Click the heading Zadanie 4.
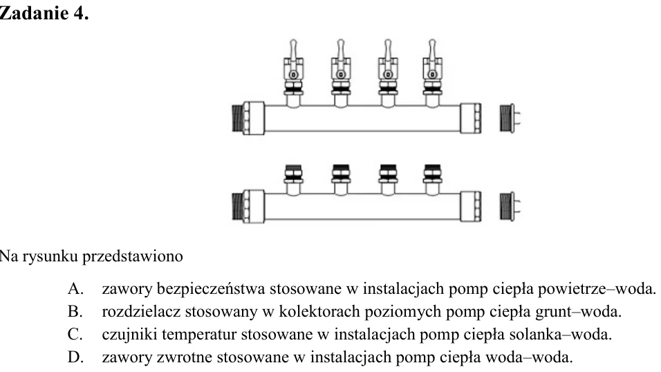point(44,13)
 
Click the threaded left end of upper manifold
point(237,118)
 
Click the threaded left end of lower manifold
point(237,206)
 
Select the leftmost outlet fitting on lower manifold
point(293,179)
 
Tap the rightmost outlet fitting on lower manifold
point(433,179)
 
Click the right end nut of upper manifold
point(470,118)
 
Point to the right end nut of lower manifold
point(470,206)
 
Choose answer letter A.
point(75,289)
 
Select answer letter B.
point(75,312)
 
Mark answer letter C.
point(75,335)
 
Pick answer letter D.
point(75,357)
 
